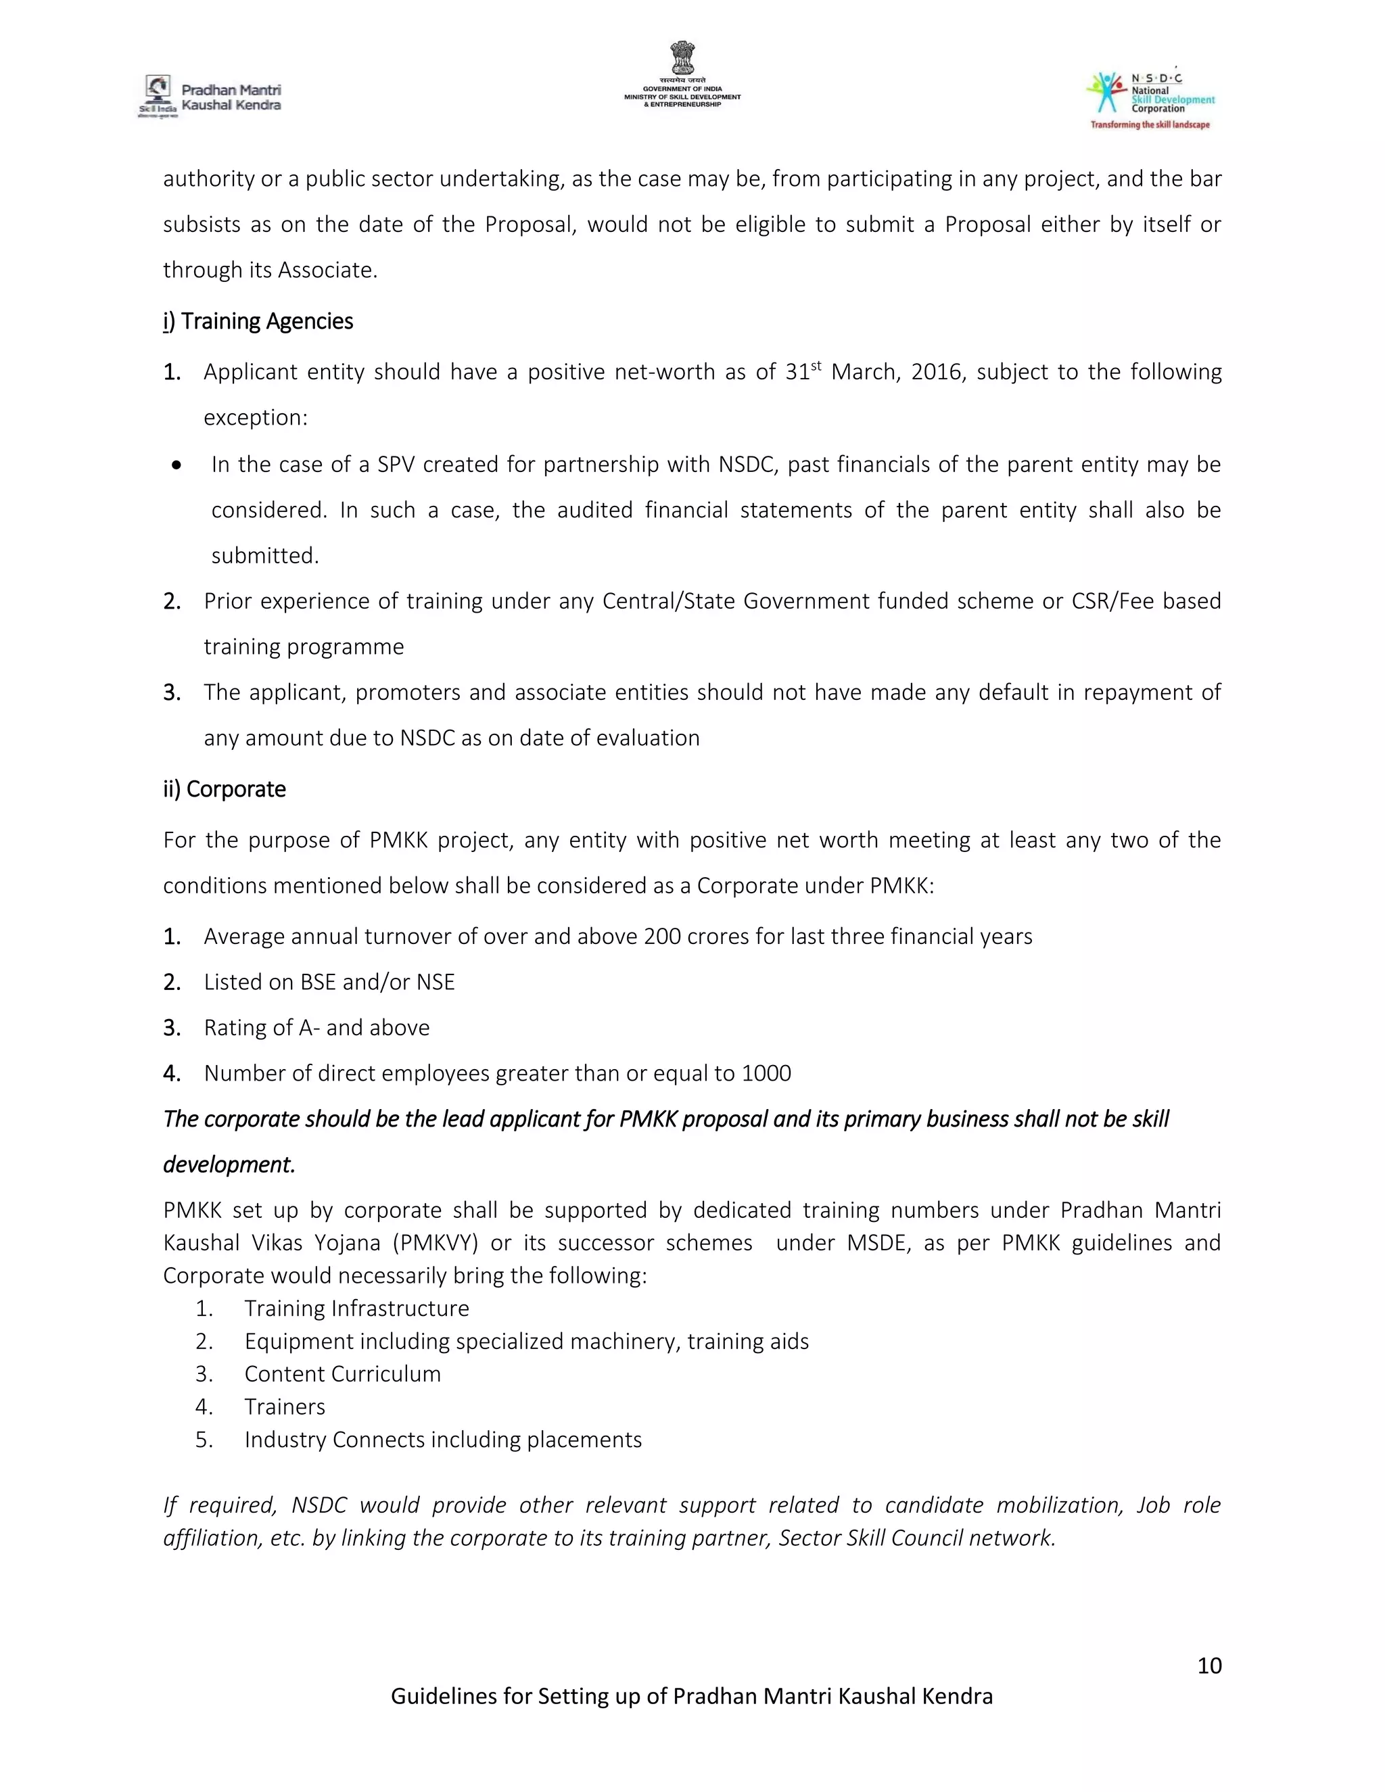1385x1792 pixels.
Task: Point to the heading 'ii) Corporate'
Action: point(224,788)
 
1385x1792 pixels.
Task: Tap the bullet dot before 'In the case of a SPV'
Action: point(177,465)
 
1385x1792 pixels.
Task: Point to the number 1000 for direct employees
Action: point(766,1073)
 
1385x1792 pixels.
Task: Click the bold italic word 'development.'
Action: point(229,1164)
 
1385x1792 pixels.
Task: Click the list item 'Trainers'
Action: point(285,1407)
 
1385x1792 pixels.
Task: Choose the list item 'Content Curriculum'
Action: point(342,1373)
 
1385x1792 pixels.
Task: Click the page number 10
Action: point(1208,1665)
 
